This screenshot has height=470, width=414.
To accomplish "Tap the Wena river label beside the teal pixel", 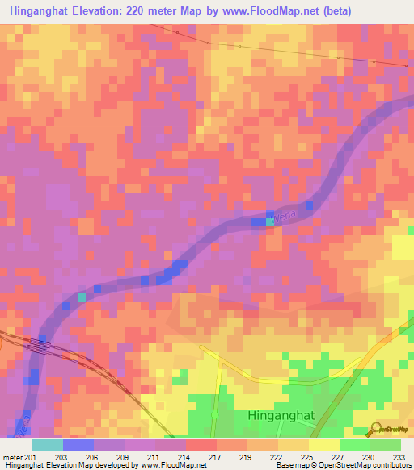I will tap(285, 214).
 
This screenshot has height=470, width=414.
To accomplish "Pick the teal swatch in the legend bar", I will tap(48, 445).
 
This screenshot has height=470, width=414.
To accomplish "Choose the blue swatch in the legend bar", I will tap(78, 445).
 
